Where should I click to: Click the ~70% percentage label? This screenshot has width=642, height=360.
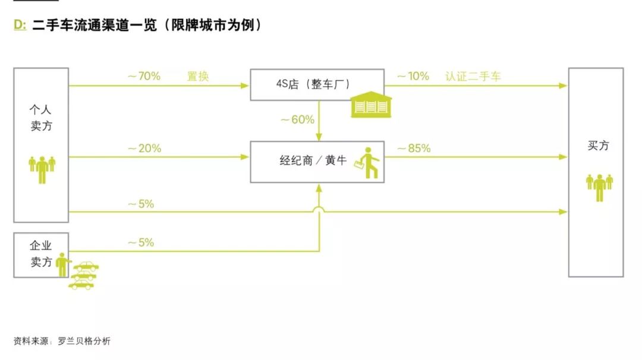(143, 76)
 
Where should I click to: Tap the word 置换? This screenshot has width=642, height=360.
(198, 76)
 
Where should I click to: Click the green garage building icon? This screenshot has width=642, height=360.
(370, 105)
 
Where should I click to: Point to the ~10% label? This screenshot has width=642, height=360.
(413, 76)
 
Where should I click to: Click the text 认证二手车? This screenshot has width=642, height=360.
(473, 76)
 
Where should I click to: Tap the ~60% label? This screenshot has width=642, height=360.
(297, 119)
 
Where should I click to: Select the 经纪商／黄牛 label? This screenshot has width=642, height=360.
(313, 161)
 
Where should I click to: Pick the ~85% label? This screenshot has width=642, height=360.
(414, 149)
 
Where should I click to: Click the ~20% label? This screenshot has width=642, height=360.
(144, 149)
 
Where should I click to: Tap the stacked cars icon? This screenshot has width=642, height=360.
(84, 275)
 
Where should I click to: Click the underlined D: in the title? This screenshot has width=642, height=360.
(20, 25)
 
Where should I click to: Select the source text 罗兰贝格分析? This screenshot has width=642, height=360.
(84, 341)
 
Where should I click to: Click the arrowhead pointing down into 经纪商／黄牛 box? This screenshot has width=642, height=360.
(319, 137)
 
